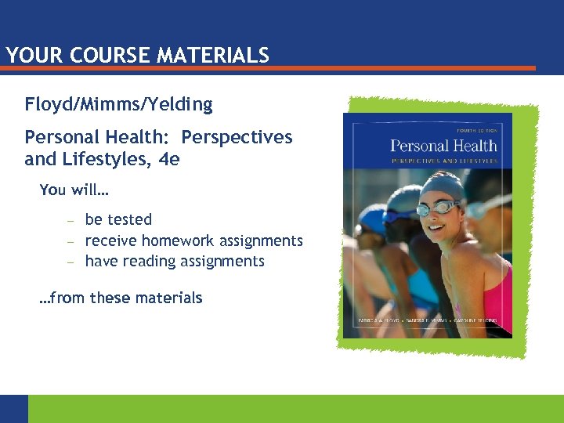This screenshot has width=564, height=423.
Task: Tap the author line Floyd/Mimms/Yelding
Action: click(x=118, y=104)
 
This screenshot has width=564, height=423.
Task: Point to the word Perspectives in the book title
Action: click(x=237, y=137)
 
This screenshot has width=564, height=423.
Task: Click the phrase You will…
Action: click(x=74, y=190)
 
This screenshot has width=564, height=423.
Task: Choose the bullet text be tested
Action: click(x=118, y=220)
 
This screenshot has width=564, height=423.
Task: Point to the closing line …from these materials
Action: click(x=121, y=298)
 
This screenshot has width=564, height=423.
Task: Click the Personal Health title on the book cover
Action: click(x=443, y=145)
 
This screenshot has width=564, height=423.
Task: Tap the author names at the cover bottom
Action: click(x=428, y=321)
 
